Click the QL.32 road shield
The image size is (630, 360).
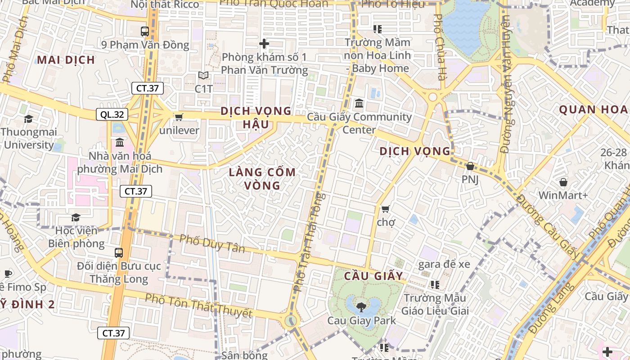pyautogui.click(x=112, y=115)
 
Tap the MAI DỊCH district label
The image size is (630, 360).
pyautogui.click(x=66, y=60)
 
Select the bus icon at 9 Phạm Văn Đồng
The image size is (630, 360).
pyautogui.click(x=145, y=31)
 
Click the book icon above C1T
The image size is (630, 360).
pyautogui.click(x=203, y=76)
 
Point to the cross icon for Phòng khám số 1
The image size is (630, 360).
pyautogui.click(x=264, y=44)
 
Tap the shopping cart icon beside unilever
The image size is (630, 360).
pyautogui.click(x=179, y=117)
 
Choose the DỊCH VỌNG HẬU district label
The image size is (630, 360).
pyautogui.click(x=256, y=117)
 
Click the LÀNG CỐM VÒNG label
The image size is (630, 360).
pyautogui.click(x=262, y=179)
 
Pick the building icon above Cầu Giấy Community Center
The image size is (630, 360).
pyautogui.click(x=359, y=104)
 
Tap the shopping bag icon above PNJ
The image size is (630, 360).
pyautogui.click(x=470, y=166)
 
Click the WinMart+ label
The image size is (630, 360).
pyautogui.click(x=563, y=196)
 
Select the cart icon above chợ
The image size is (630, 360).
pyautogui.click(x=385, y=209)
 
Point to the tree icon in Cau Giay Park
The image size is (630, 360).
pyautogui.click(x=360, y=307)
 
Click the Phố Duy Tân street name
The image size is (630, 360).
pyautogui.click(x=212, y=243)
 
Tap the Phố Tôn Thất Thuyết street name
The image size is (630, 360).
pyautogui.click(x=198, y=306)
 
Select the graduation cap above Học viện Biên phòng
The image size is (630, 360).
pyautogui.click(x=76, y=218)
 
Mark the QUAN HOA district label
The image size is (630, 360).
pyautogui.click(x=593, y=109)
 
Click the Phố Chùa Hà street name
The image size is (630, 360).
pyautogui.click(x=438, y=47)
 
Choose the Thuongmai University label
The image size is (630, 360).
pyautogui.click(x=29, y=139)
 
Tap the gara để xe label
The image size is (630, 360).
pyautogui.click(x=444, y=264)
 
